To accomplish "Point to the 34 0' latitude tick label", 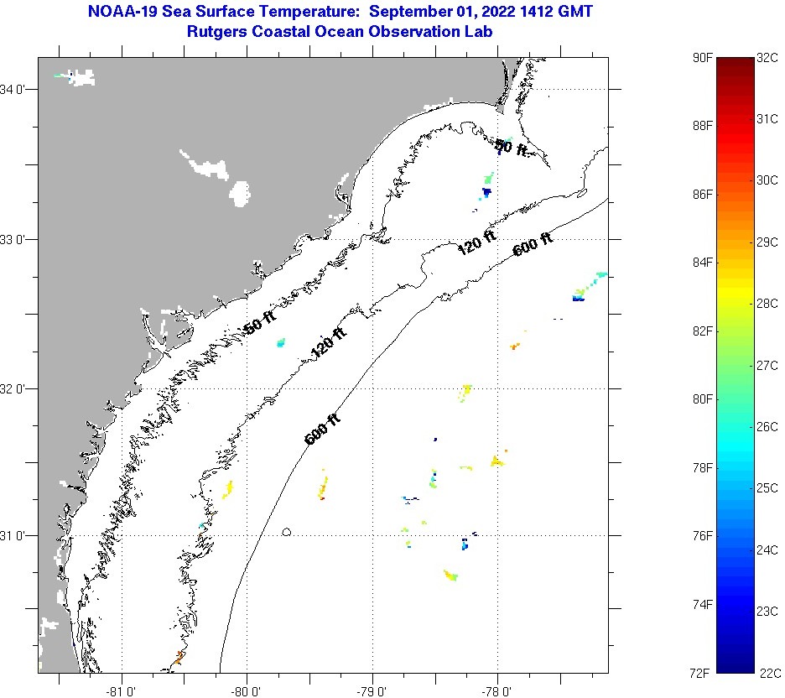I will tap(16, 89).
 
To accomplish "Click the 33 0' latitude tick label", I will tap(16, 239).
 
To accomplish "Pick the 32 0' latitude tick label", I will tap(16, 388).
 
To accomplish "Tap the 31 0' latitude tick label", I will tap(16, 535).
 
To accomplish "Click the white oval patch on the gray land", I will tap(240, 194).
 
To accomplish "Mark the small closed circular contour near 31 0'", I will tap(287, 531).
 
